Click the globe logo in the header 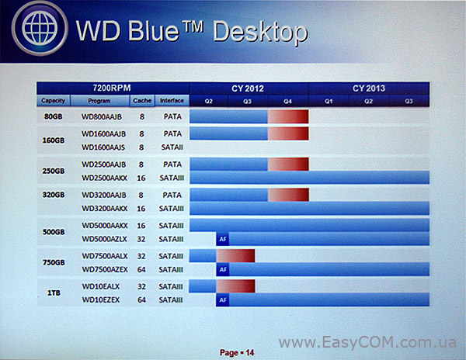[40, 28]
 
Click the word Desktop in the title [260, 32]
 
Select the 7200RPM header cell [112, 88]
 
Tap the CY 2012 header [248, 88]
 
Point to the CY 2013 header [369, 88]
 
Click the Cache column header [142, 101]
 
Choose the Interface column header [172, 101]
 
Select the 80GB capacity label [53, 116]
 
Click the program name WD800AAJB [102, 117]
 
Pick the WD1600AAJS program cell [103, 147]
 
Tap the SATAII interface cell [172, 147]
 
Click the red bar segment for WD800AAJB [288, 116]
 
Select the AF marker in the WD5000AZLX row [223, 239]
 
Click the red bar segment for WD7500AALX [235, 256]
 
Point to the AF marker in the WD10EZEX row [223, 300]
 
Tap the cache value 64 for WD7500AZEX [141, 269]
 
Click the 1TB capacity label [54, 293]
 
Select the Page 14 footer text [237, 352]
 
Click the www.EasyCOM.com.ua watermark [367, 342]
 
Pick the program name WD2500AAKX [104, 178]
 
